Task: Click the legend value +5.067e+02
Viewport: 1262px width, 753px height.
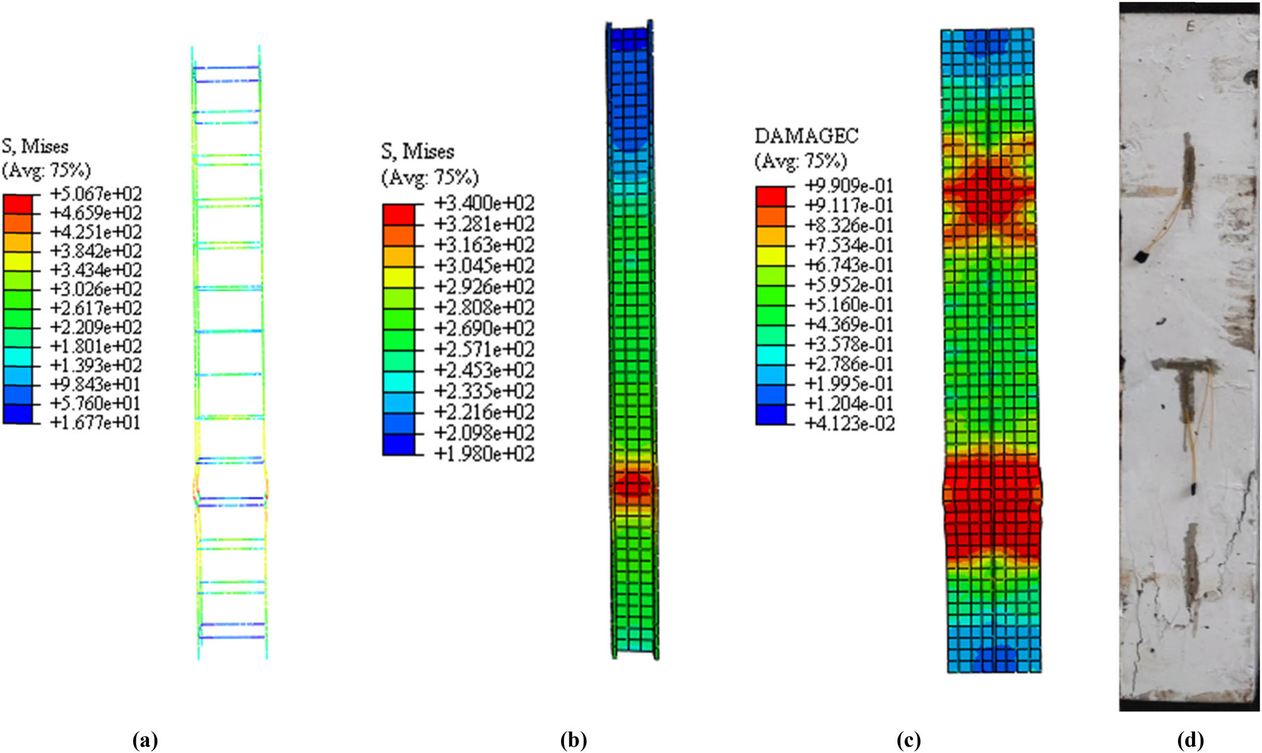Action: (96, 194)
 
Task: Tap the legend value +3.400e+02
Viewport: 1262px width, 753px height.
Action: (484, 203)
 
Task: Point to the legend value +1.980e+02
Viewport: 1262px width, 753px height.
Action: (484, 453)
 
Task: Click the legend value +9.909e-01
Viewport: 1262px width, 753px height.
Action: (849, 186)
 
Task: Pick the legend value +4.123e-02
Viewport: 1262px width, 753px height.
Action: (849, 423)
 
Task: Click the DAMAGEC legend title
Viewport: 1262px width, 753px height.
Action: (806, 136)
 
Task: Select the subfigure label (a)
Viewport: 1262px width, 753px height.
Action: (146, 740)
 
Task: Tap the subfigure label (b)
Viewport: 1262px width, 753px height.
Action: (573, 740)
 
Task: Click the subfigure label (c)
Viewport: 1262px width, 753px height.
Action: (908, 740)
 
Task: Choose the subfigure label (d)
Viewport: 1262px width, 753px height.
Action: (1190, 740)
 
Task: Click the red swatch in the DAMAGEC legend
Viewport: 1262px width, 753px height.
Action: (771, 196)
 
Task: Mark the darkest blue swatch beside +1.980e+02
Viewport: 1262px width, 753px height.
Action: (398, 444)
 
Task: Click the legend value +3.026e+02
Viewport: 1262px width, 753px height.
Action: (96, 289)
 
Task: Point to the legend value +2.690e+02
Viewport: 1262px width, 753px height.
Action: (484, 328)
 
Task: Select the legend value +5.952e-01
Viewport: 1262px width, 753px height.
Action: (849, 285)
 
